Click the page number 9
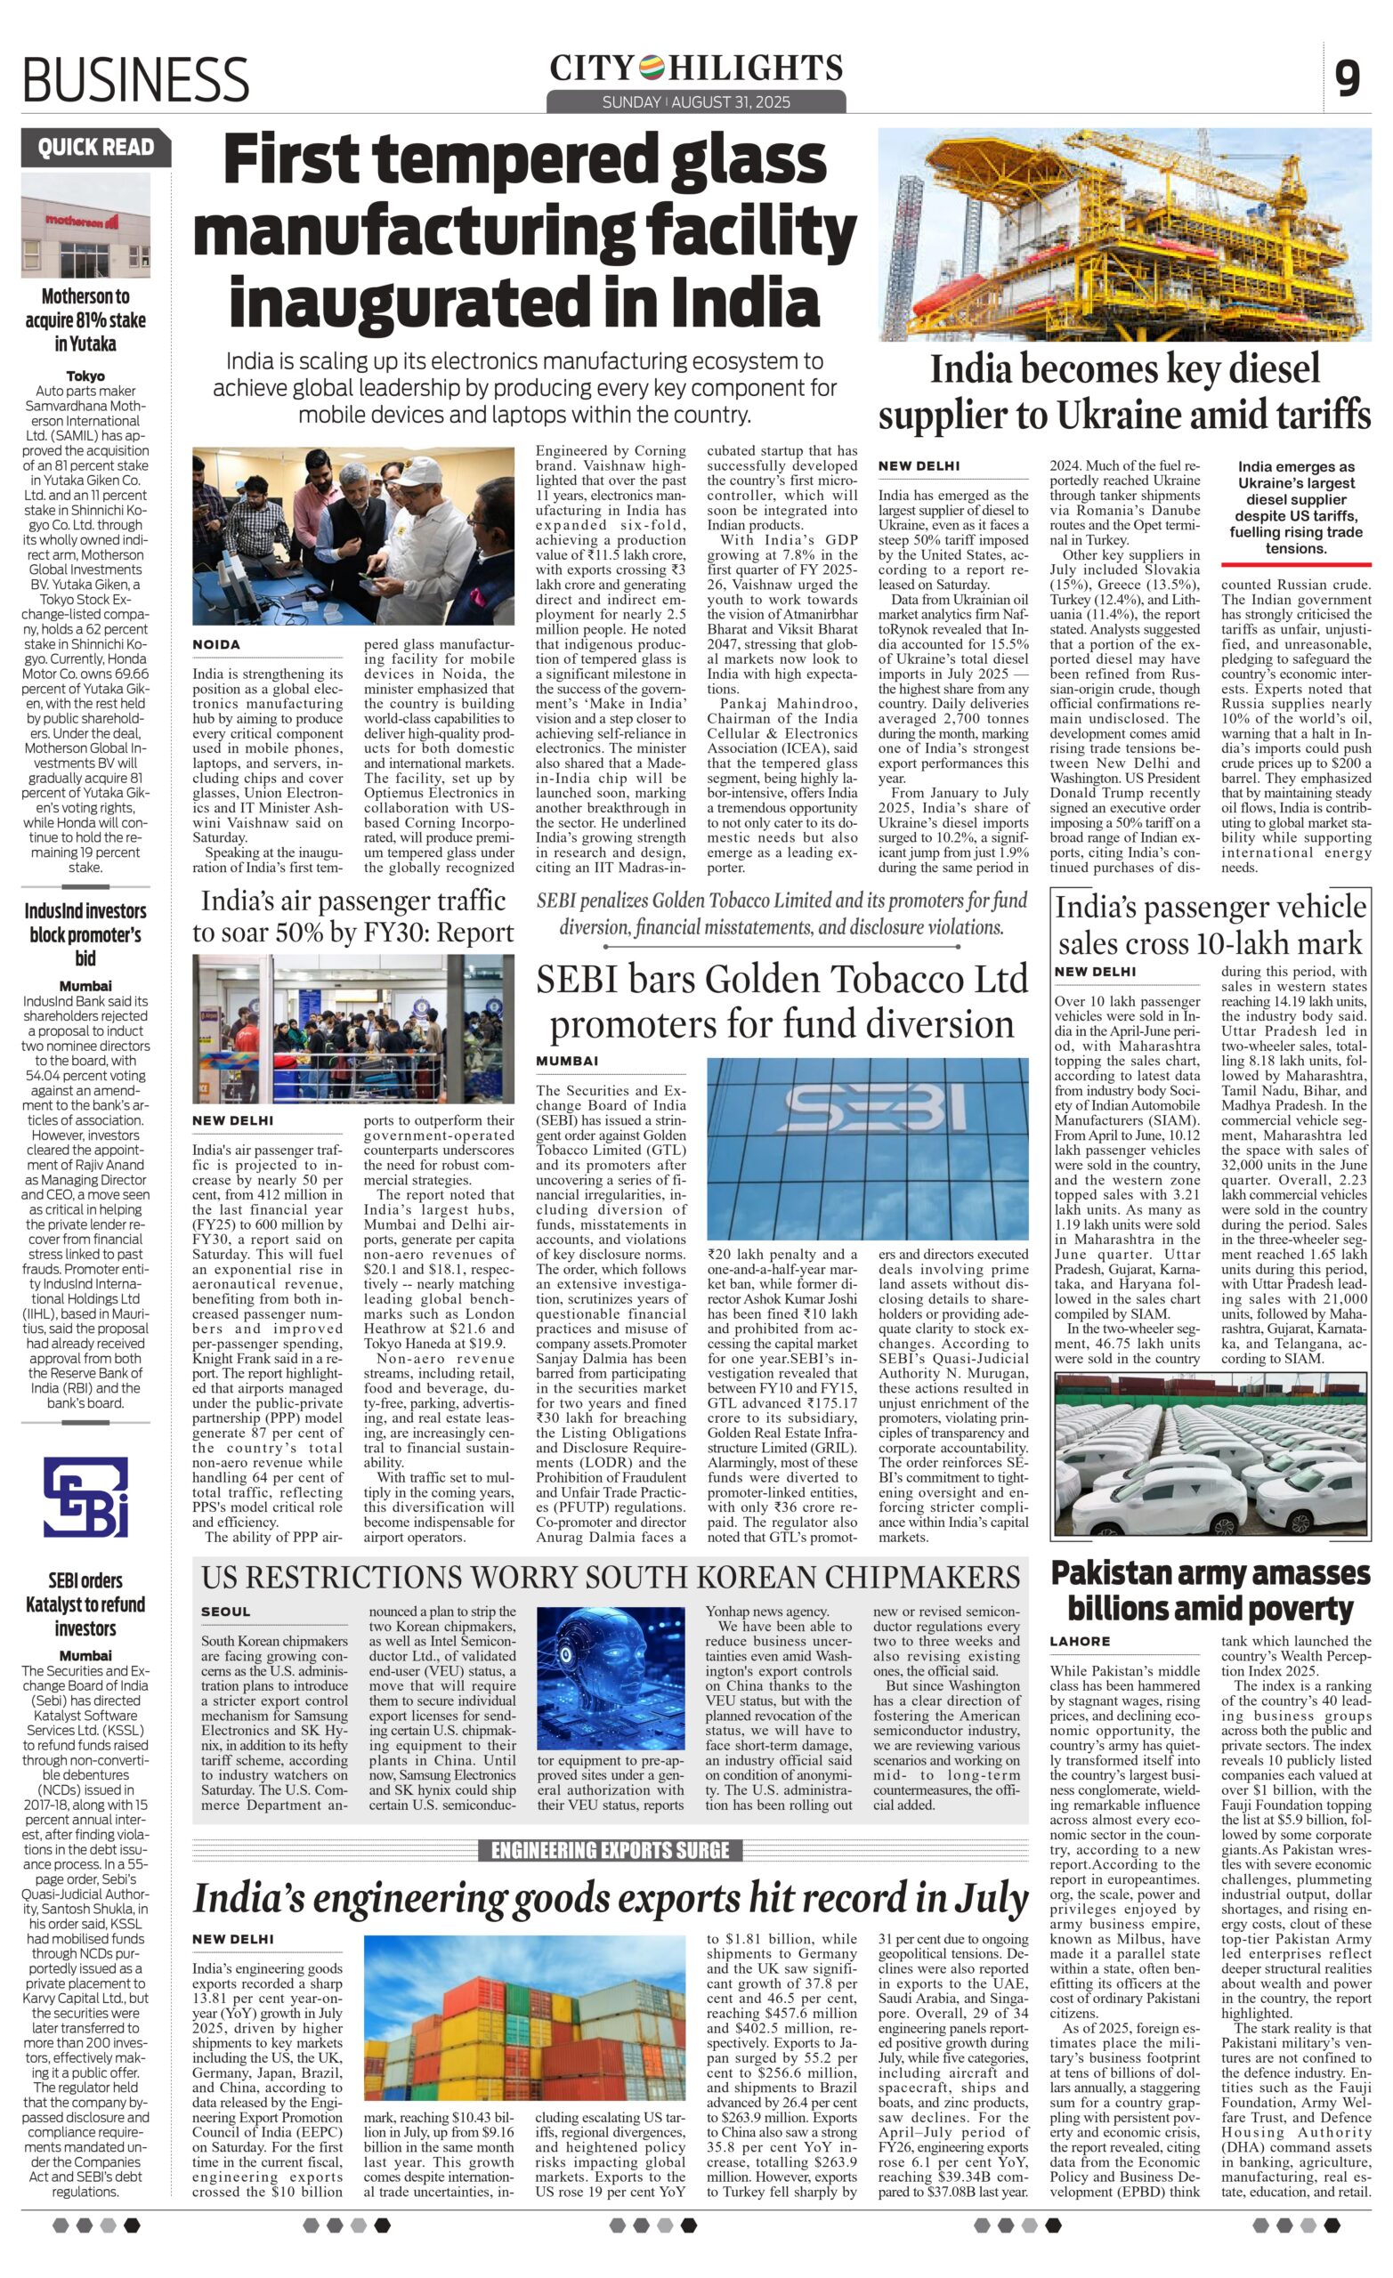[x=1348, y=77]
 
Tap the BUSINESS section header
[x=136, y=79]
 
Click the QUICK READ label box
[x=96, y=147]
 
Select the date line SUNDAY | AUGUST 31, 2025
[x=695, y=101]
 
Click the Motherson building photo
[x=85, y=224]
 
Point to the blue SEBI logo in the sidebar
[x=86, y=1498]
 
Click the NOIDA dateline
[x=216, y=644]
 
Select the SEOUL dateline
[x=226, y=1612]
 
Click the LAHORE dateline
[x=1079, y=1641]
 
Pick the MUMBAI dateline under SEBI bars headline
[x=567, y=1061]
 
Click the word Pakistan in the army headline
[x=1117, y=1572]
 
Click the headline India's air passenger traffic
[x=352, y=917]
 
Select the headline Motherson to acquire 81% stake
[x=85, y=319]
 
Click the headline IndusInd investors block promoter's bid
[x=85, y=933]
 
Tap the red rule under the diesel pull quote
[x=1295, y=563]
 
